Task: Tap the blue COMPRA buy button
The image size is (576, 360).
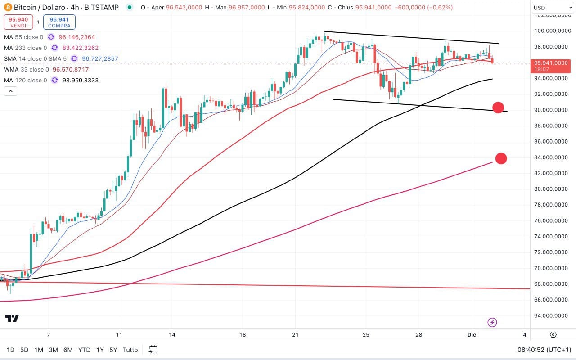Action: coord(59,22)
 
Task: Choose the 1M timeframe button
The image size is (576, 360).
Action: coord(39,350)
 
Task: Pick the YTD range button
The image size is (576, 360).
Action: coord(84,350)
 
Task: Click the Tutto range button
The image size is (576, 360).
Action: coord(130,350)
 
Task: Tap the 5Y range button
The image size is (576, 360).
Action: coord(114,350)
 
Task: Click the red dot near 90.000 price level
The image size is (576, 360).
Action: coord(498,108)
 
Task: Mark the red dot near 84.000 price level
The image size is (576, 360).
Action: coord(501,158)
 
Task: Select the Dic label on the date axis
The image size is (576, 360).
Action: coord(472,335)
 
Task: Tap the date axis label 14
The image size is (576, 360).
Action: coord(172,335)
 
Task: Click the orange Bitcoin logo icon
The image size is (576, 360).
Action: coord(8,8)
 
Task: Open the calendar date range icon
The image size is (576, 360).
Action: coord(153,350)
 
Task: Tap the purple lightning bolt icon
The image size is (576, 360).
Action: coord(492,322)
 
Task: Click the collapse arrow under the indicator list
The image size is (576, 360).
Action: coord(10,91)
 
